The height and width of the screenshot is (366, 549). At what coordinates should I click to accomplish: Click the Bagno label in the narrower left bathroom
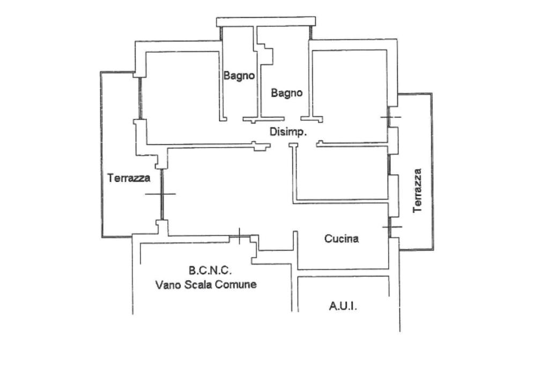pos(239,76)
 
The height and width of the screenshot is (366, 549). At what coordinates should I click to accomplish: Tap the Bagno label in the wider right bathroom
pos(286,93)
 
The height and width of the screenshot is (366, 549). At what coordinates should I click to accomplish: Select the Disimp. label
pos(288,132)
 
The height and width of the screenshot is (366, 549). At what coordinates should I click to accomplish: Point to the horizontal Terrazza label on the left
pos(129,178)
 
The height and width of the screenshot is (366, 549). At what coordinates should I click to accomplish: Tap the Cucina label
pos(342,239)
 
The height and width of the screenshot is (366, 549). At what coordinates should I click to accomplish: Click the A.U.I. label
pos(343,307)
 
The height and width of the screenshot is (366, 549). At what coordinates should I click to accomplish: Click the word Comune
pos(236,284)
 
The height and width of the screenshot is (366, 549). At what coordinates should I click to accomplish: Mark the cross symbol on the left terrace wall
pos(160,194)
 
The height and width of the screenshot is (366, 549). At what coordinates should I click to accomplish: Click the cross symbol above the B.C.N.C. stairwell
pos(239,235)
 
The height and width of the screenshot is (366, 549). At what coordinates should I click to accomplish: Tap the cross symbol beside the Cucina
pos(391,227)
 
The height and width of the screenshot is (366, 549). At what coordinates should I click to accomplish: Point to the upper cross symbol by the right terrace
pos(390,116)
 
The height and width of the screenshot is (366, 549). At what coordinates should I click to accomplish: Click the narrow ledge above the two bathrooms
pos(265,21)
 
